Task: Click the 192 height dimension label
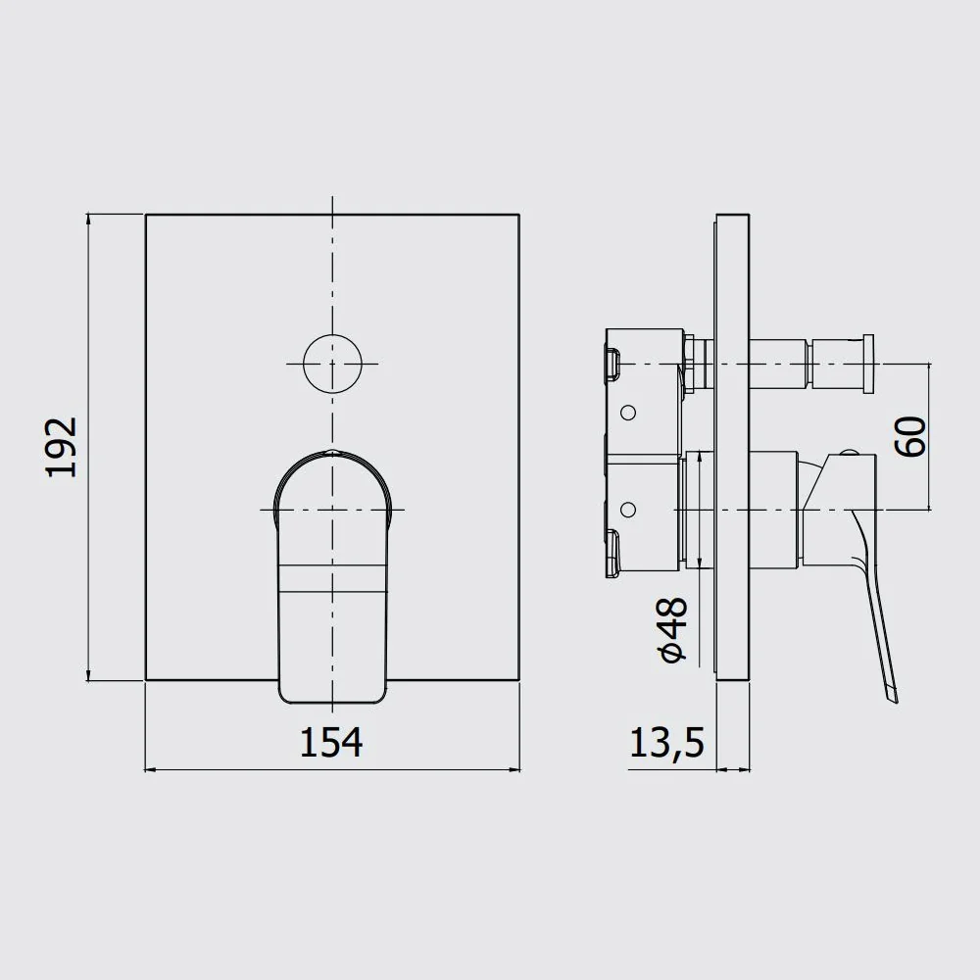pos(61,447)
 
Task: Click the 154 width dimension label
pos(331,743)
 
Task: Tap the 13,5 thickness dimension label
pos(666,743)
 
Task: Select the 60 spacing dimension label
pos(910,437)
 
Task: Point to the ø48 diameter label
pos(672,629)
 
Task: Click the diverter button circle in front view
pos(332,364)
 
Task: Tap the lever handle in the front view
pos(332,577)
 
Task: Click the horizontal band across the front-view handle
pos(331,579)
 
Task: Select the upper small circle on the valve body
pos(629,413)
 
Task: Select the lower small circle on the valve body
pos(629,510)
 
